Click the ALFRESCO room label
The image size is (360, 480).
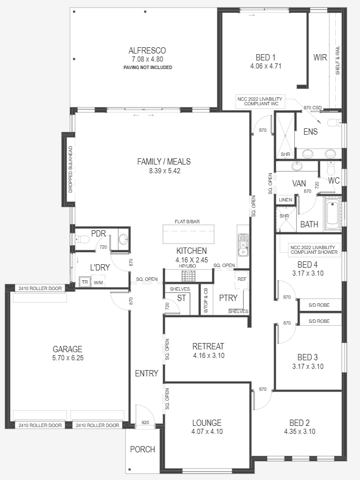[147, 51]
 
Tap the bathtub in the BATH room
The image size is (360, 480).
[332, 214]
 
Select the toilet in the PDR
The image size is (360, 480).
[82, 238]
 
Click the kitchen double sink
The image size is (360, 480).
[243, 245]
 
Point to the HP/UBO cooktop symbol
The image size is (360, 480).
[188, 276]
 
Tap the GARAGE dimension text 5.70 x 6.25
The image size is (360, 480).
[68, 358]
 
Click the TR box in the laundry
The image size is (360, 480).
[85, 282]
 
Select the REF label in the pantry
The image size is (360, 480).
[242, 279]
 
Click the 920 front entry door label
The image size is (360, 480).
[145, 422]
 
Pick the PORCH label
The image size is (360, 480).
[142, 449]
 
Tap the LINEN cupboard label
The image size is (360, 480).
[285, 200]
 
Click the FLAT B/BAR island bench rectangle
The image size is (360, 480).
[188, 234]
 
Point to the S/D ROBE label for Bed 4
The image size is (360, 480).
[319, 305]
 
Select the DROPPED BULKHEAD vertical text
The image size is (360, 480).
[70, 169]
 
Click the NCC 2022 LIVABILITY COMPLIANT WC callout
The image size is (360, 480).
[260, 101]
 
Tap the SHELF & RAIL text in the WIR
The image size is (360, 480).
[338, 60]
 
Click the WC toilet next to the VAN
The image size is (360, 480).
[331, 167]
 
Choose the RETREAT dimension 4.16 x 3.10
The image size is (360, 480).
[209, 356]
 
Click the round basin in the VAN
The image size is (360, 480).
[297, 166]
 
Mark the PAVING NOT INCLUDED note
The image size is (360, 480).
[147, 67]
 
